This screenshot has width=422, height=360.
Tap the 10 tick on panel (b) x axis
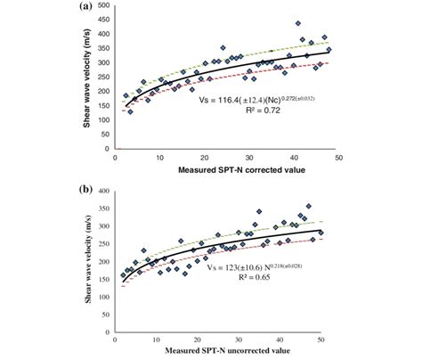tap(157, 343)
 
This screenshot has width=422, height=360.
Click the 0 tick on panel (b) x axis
tap(116, 343)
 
